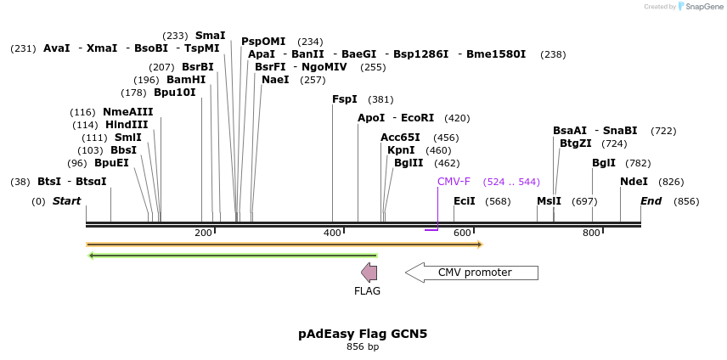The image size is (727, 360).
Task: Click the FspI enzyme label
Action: coord(345,99)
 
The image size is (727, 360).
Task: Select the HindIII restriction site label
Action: coord(127,125)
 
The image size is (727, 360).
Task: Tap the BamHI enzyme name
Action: coord(186,80)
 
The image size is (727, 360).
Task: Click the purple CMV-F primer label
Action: coord(454,182)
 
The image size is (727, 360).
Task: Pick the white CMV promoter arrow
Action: coord(471,273)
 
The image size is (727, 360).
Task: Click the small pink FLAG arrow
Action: coord(369,272)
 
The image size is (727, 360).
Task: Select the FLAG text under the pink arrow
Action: coord(367,291)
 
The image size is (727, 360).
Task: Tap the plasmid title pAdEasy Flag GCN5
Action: coord(363,334)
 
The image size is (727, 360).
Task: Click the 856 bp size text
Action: coord(363,346)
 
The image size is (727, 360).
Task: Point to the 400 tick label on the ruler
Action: coord(332,233)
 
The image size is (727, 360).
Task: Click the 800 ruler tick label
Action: coord(591,233)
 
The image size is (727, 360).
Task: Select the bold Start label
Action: coord(66,201)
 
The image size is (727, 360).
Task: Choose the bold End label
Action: coord(651,201)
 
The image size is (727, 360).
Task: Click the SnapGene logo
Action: coord(701,7)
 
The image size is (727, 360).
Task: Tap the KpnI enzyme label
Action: coord(401,150)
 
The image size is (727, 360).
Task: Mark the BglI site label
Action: coord(604,163)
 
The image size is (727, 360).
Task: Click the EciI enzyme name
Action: coord(465,201)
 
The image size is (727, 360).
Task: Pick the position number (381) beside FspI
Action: coord(380,99)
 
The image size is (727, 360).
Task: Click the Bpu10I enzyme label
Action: coord(175,93)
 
